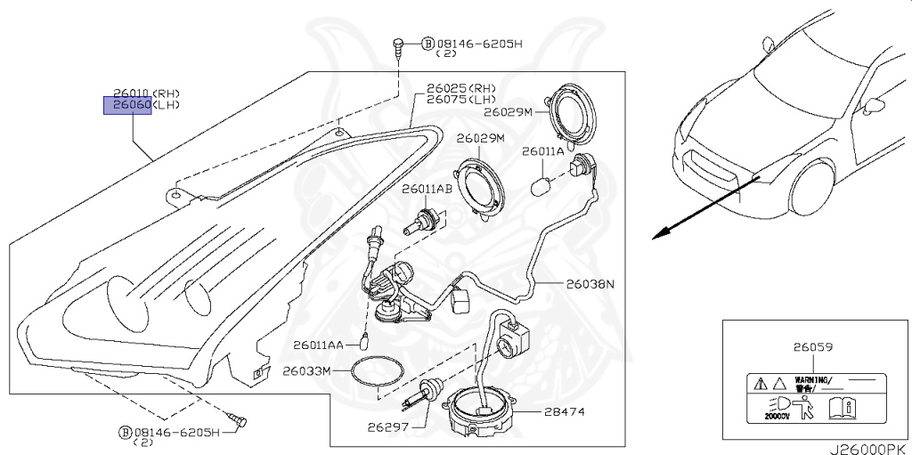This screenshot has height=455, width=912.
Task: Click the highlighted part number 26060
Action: (128, 106)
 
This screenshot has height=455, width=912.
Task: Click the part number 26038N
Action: (590, 285)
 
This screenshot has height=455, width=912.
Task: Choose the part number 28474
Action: (563, 413)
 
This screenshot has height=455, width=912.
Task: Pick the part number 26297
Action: (387, 427)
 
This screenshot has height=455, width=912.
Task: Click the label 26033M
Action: (306, 370)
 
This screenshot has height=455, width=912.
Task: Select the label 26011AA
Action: (315, 345)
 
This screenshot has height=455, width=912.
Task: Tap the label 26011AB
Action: (427, 189)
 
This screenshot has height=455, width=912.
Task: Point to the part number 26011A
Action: (542, 151)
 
